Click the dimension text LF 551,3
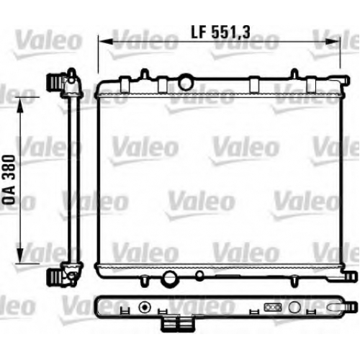click(220, 32)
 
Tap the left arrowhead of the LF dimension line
click(106, 42)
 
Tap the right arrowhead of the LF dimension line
click(333, 42)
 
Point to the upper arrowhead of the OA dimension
click(20, 105)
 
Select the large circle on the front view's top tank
click(186, 81)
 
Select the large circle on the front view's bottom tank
click(169, 278)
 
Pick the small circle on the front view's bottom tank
click(199, 276)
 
